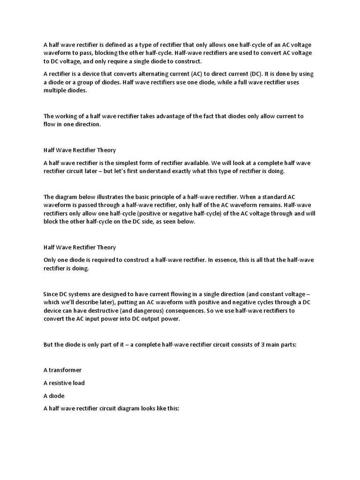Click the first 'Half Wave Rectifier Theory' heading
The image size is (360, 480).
point(80,150)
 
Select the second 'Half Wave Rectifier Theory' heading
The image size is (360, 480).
point(80,247)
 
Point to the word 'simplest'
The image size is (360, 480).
point(120,163)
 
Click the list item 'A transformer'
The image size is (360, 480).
point(62,370)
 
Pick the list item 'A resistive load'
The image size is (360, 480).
point(64,383)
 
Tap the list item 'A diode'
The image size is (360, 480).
point(54,396)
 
